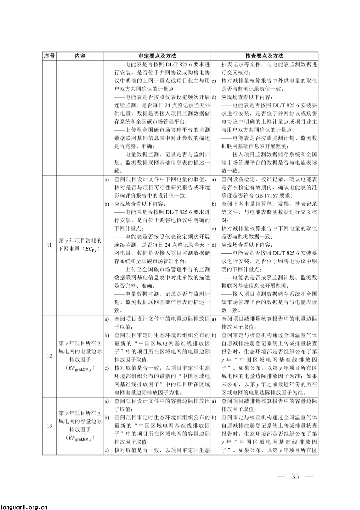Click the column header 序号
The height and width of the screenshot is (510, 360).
(49, 56)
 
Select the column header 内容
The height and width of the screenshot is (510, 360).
(80, 56)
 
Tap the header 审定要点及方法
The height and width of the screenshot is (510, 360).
(157, 56)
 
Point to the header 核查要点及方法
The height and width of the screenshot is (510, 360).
(264, 56)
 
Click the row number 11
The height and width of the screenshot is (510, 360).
(49, 245)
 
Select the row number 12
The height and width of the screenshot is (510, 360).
(49, 356)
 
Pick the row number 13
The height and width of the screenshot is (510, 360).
(49, 426)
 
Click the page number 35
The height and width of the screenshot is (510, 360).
(295, 476)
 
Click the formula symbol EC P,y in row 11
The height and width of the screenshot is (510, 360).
(92, 249)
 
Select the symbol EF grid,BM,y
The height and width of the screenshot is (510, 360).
(80, 438)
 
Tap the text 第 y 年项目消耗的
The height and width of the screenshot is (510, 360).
(80, 241)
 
